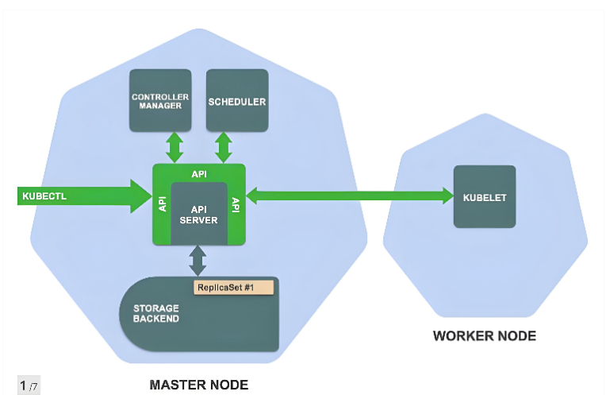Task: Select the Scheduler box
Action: tap(236, 100)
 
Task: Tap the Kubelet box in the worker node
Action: tap(484, 196)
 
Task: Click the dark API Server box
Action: tap(198, 213)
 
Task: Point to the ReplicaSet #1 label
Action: tap(233, 287)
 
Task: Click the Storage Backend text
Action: tap(155, 313)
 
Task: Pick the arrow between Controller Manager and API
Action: tap(173, 147)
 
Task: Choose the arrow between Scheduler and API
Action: tap(224, 147)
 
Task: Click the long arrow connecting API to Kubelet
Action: tap(349, 196)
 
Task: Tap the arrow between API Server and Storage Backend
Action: tap(198, 260)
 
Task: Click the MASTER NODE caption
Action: tap(198, 385)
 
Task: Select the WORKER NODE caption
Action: tap(484, 336)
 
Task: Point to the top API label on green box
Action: tap(198, 173)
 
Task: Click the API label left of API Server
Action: tap(162, 204)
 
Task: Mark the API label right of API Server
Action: tap(236, 204)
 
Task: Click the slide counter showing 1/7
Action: tap(29, 385)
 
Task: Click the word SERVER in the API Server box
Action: tap(198, 220)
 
